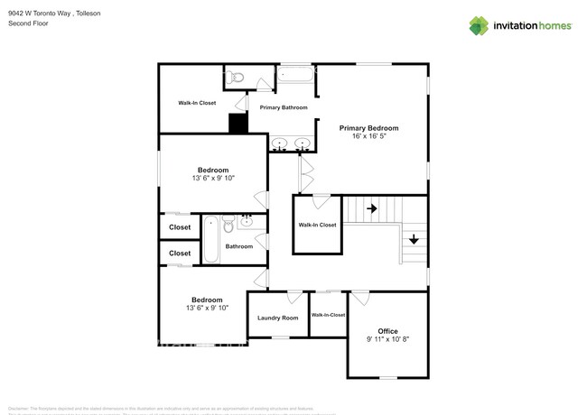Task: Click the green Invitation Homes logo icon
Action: point(479,25)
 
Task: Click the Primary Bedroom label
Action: point(368,128)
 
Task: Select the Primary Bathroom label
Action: point(284,107)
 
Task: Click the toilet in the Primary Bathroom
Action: point(236,78)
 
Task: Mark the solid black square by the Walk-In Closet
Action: point(238,124)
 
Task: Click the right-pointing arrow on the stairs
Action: point(372,208)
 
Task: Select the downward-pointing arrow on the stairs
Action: point(414,239)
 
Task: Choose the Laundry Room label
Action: point(277,318)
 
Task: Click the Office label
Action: point(387,331)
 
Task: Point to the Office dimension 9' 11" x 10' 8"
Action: point(387,340)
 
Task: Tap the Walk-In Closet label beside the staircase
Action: point(317,225)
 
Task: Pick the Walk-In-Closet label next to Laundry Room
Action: point(328,315)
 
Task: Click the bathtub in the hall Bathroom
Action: point(210,239)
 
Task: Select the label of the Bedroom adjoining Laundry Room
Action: point(207,300)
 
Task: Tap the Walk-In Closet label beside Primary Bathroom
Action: point(196,103)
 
